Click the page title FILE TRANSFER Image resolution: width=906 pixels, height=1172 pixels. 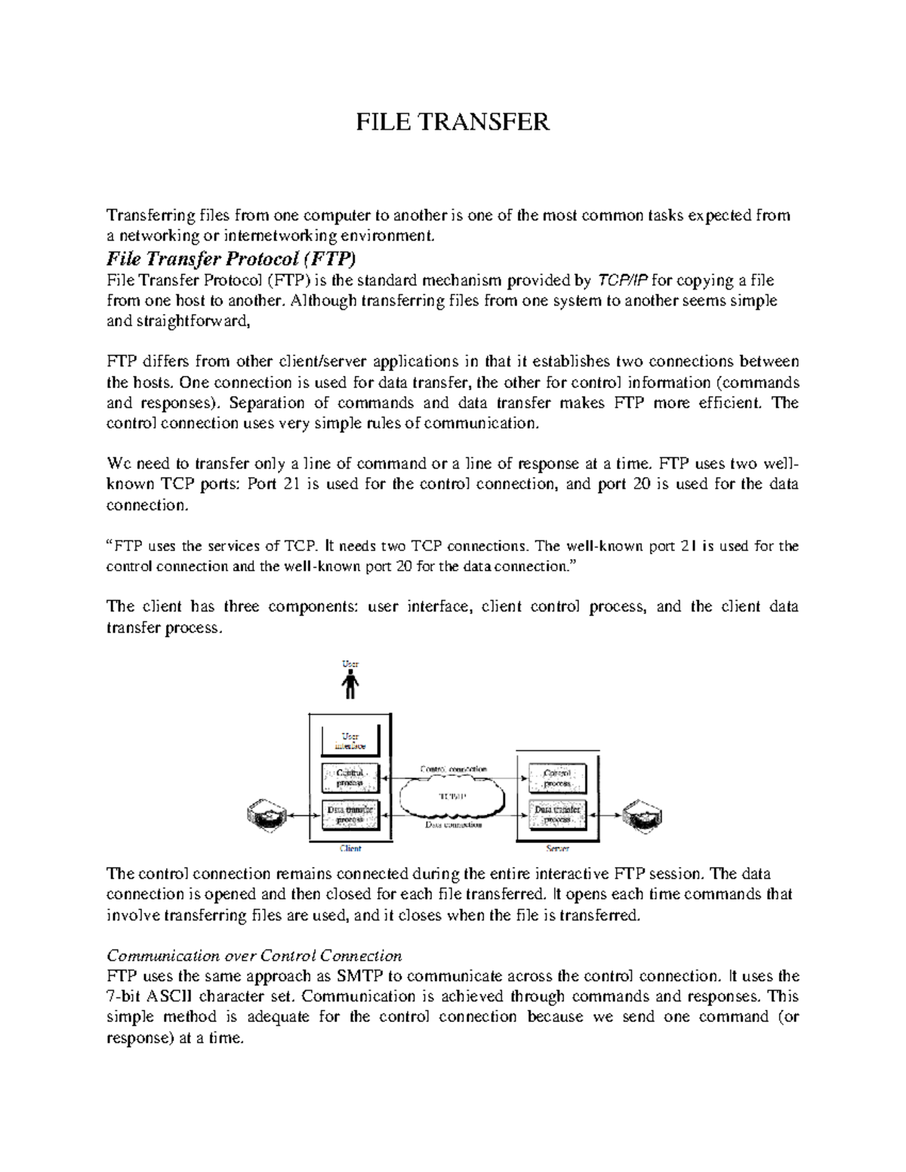(x=452, y=122)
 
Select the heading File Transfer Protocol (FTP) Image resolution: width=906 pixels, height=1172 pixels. (x=230, y=259)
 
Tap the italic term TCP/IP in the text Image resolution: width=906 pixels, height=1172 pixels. (x=622, y=281)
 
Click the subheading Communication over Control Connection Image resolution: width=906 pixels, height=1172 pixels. (x=254, y=955)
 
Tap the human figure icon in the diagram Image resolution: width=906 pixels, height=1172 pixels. (x=350, y=685)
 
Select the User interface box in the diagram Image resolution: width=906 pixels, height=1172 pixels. (x=350, y=740)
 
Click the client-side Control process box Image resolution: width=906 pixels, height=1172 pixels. (x=350, y=777)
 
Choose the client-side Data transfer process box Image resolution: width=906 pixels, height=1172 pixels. (x=350, y=814)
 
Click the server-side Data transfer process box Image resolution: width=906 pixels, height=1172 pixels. (x=557, y=814)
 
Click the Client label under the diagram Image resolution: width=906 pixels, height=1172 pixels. (x=350, y=848)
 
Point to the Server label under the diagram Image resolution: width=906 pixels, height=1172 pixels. (x=557, y=848)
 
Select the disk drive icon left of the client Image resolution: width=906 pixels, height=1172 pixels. (x=267, y=814)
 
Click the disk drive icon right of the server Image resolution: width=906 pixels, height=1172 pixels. (x=641, y=815)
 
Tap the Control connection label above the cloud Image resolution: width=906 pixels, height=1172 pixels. (x=453, y=769)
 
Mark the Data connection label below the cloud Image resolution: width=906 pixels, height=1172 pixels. (x=453, y=825)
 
